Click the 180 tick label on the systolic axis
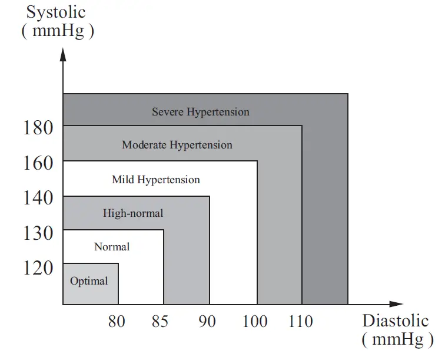(x=39, y=127)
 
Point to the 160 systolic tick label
(x=39, y=162)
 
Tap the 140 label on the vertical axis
(x=39, y=197)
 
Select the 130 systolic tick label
(x=39, y=233)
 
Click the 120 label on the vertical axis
(x=39, y=268)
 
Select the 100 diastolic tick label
(x=254, y=322)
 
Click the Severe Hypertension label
(x=200, y=112)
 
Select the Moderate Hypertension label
(x=177, y=145)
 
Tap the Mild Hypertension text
(x=156, y=180)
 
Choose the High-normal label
(x=133, y=213)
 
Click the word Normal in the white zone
(x=112, y=247)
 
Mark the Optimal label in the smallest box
(x=89, y=281)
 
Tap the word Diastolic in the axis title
(x=395, y=321)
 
